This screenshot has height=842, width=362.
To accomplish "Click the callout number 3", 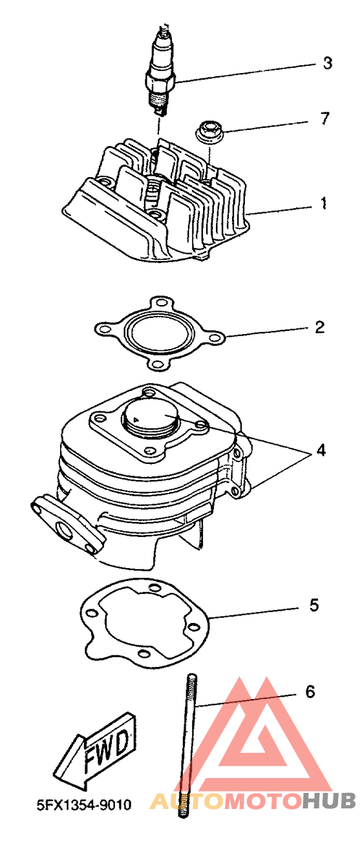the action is (328, 63).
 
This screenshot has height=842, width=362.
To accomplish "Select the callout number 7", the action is (325, 118).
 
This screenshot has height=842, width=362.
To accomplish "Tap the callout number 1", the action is (323, 203).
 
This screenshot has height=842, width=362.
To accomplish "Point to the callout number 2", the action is (319, 327).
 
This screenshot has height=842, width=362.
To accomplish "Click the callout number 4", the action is (321, 450).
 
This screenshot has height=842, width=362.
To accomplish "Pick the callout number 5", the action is (314, 605).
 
